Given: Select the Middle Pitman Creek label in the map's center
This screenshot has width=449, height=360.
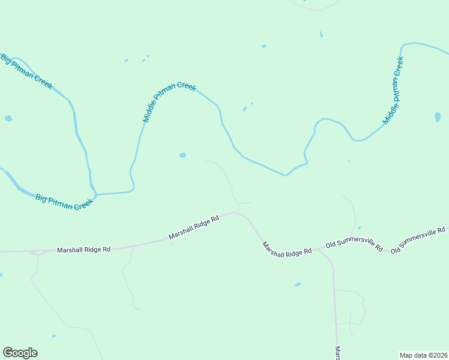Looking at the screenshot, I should pyautogui.click(x=169, y=103).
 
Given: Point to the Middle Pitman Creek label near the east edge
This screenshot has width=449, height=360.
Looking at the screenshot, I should pyautogui.click(x=394, y=90).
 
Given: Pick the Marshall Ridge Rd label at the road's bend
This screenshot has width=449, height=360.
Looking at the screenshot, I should pyautogui.click(x=194, y=227).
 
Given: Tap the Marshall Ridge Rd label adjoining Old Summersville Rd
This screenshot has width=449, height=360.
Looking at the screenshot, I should pyautogui.click(x=286, y=250).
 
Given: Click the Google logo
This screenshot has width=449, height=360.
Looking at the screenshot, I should pyautogui.click(x=20, y=353).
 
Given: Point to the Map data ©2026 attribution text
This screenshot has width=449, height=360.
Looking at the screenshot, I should pyautogui.click(x=423, y=355).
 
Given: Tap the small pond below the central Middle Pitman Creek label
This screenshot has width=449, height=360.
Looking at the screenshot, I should pyautogui.click(x=182, y=155).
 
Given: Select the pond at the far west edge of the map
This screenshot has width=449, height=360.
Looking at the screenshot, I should pyautogui.click(x=8, y=118).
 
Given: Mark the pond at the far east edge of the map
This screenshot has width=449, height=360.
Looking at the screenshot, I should pyautogui.click(x=438, y=117).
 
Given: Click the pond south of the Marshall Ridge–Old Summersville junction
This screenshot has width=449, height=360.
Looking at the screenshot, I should pyautogui.click(x=298, y=284).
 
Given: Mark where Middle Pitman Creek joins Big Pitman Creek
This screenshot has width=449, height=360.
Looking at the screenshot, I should pyautogui.click(x=96, y=194).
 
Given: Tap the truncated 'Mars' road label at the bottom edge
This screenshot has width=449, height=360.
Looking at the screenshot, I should pyautogui.click(x=338, y=353).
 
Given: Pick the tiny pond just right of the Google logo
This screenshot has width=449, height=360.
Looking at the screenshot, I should pyautogui.click(x=54, y=336).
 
